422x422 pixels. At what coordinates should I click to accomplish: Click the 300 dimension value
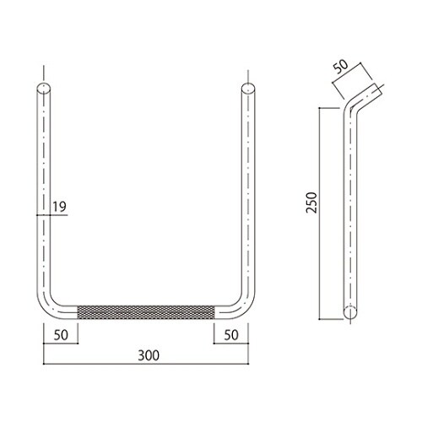[149, 355]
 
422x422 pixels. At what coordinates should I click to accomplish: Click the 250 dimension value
[311, 203]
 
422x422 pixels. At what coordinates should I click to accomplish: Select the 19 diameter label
[60, 207]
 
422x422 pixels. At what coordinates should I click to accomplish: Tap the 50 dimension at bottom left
[61, 335]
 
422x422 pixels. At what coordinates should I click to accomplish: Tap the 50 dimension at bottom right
[231, 335]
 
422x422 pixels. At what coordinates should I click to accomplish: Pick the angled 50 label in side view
[341, 67]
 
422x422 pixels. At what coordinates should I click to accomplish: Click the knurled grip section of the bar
[146, 312]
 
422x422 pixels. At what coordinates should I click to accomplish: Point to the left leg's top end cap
[44, 88]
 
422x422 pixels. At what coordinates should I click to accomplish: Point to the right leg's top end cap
[248, 88]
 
